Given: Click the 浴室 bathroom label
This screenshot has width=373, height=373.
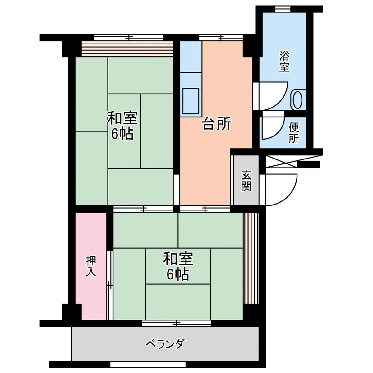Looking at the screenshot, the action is (284, 62).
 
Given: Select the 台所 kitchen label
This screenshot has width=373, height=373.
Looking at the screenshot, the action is (216, 124).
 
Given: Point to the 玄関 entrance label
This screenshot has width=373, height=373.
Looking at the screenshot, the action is (246, 181).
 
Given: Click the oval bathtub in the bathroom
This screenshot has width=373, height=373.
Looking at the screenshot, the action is (298, 100).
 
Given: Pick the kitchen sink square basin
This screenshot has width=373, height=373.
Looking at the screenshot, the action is (191, 101).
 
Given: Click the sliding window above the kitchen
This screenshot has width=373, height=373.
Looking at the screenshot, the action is (221, 37).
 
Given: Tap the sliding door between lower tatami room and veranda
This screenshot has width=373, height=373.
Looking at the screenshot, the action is (176, 323).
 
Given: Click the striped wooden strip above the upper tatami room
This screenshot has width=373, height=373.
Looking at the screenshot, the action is (127, 49).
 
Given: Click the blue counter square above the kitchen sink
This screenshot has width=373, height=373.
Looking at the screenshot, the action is (191, 57).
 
